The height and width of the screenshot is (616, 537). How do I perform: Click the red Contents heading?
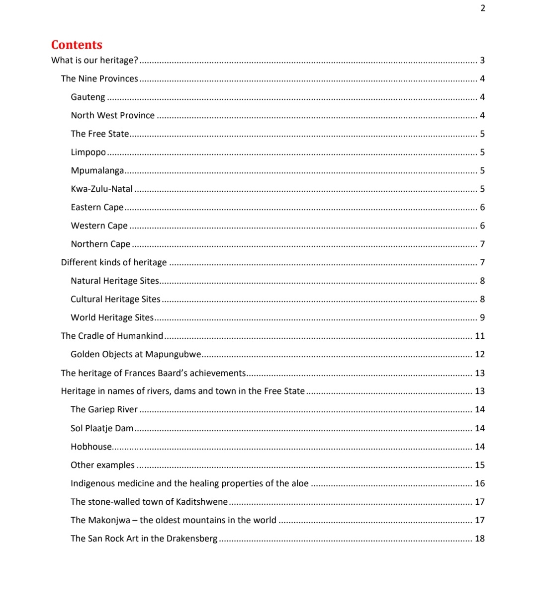[x=77, y=45]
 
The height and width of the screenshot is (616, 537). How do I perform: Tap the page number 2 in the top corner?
[x=483, y=8]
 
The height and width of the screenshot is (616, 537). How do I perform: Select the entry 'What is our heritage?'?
[x=94, y=60]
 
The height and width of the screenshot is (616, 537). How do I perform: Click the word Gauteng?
[x=88, y=97]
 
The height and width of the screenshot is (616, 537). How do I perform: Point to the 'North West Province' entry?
[x=112, y=115]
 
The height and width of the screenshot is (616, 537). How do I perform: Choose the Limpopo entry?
[x=88, y=153]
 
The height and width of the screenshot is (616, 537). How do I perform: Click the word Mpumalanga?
[x=97, y=171]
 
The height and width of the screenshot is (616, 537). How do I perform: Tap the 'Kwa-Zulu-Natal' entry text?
[x=101, y=189]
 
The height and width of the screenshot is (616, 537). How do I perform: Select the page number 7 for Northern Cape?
[x=482, y=244]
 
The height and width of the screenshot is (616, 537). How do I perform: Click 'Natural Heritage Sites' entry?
[x=114, y=281]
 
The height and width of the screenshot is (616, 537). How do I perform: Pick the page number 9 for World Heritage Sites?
[x=482, y=317]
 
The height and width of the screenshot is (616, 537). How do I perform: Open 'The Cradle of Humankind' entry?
[x=112, y=336]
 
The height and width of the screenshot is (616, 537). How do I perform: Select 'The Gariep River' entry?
[x=104, y=409]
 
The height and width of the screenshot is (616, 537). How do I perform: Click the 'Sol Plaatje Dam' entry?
[x=102, y=428]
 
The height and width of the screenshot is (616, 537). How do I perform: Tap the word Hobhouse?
[x=91, y=447]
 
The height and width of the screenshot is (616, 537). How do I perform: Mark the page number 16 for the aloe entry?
[x=480, y=483]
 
